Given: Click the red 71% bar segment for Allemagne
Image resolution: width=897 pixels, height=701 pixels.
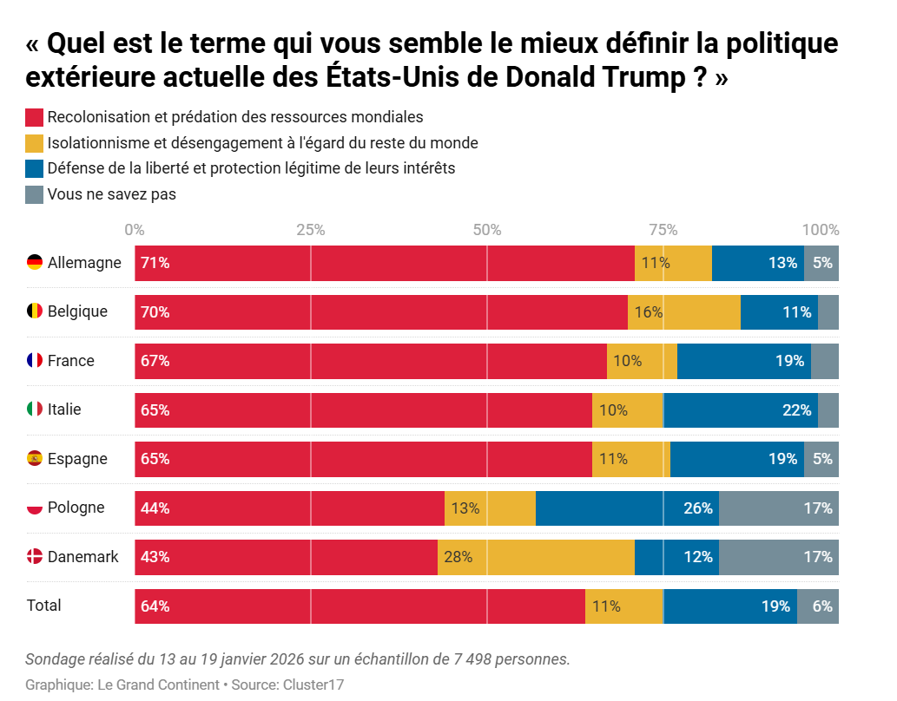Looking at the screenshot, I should point(385,263).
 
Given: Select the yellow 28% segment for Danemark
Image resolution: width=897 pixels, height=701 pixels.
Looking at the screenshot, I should point(536,557).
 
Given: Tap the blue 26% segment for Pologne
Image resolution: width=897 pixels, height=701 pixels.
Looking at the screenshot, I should point(627,508).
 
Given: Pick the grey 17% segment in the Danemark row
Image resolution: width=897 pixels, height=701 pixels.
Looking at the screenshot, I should point(779,557).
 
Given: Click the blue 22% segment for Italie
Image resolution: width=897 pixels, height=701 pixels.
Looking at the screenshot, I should point(741,410).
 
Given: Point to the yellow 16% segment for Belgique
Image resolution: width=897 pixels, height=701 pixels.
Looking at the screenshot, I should point(684,312).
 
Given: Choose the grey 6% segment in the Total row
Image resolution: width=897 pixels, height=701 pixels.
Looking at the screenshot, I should point(818,606).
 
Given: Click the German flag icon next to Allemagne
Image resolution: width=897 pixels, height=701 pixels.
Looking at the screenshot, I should point(35,262).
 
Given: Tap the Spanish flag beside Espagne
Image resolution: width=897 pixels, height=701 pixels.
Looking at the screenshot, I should point(35,458).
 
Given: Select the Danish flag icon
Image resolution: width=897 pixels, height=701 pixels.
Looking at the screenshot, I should point(35,557).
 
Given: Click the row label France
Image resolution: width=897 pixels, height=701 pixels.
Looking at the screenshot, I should point(71,361).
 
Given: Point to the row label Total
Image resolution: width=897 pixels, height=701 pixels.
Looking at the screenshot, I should point(44,606).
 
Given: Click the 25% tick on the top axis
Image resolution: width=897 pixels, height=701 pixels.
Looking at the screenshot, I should point(311,230).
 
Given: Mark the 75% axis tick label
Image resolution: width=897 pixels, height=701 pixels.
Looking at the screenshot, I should point(663,230).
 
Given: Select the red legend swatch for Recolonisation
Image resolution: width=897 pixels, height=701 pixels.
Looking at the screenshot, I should point(35,117).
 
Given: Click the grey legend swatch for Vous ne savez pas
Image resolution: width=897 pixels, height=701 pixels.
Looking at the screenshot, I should point(35,195).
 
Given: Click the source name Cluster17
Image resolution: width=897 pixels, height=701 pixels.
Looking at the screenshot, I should point(313,685).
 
